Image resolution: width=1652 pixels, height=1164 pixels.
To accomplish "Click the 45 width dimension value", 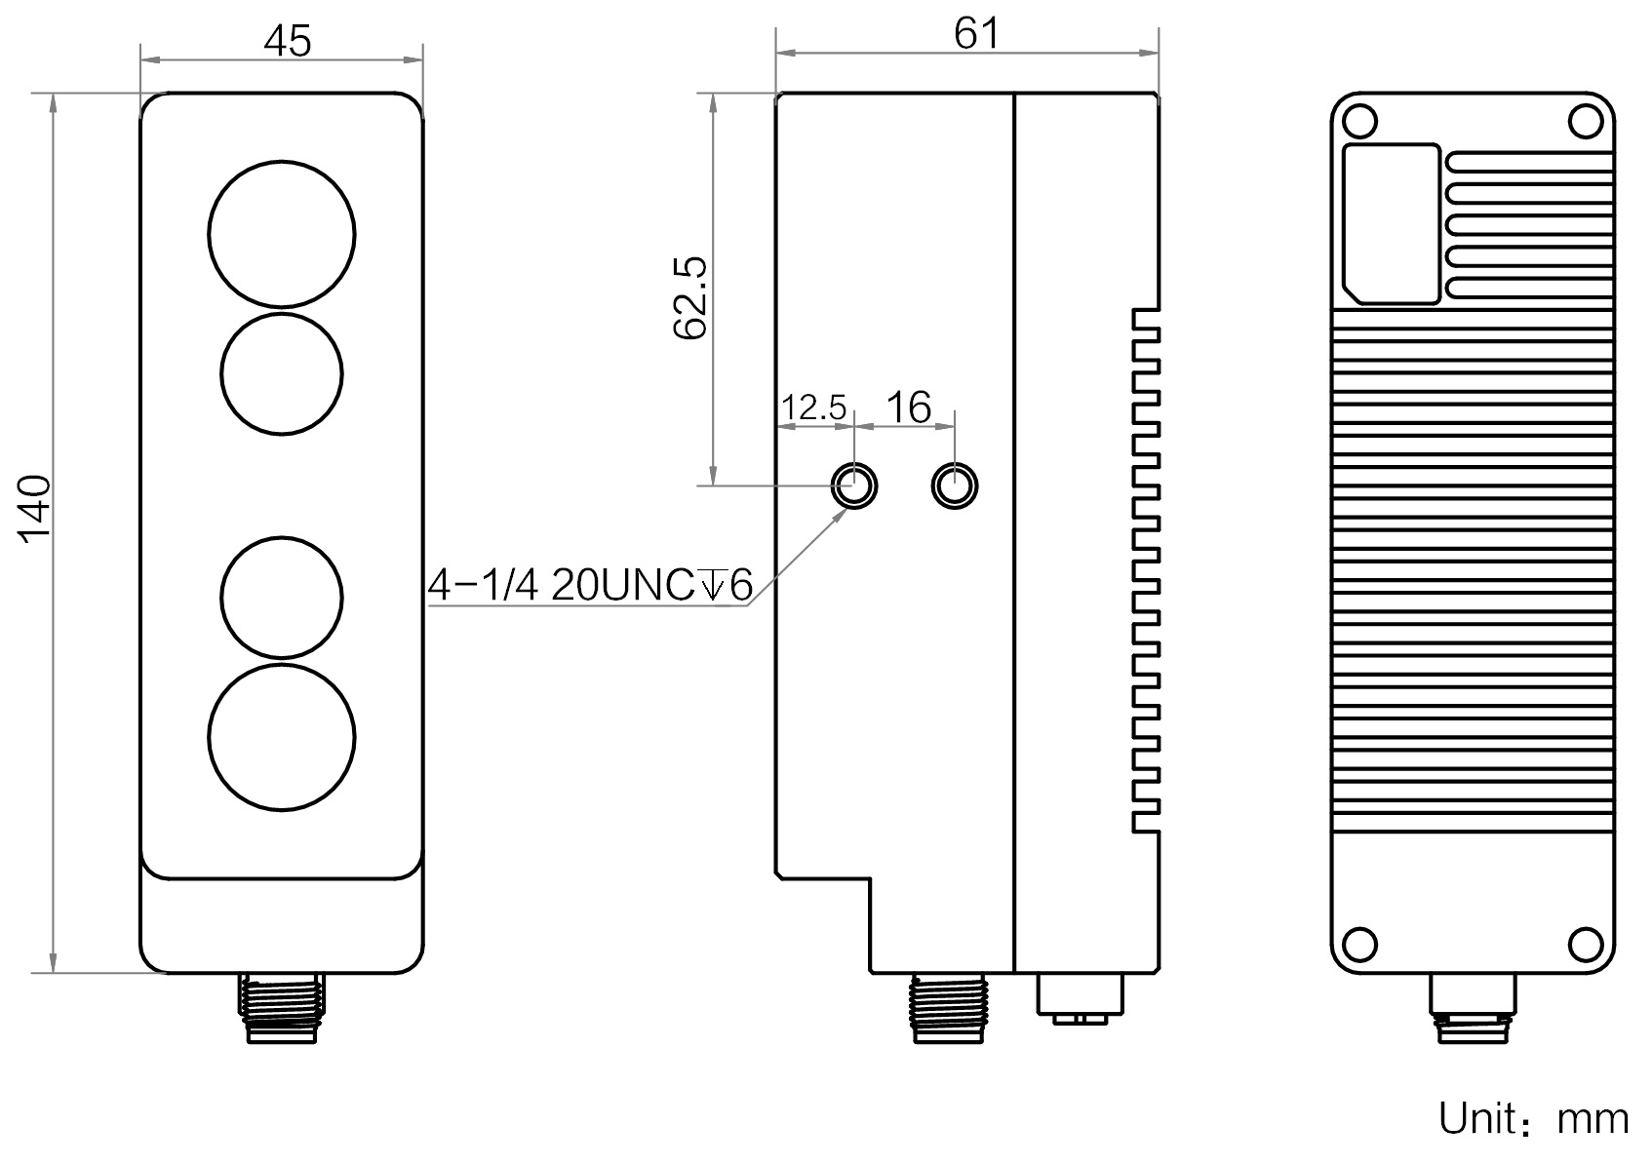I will tap(287, 41).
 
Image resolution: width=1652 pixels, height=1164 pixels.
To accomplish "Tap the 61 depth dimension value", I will tap(976, 33).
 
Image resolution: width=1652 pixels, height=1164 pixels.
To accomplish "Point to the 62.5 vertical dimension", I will tap(689, 297).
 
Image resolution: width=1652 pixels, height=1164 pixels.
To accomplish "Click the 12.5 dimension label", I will tap(813, 407).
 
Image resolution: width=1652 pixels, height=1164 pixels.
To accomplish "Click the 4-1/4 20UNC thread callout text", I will tap(589, 585).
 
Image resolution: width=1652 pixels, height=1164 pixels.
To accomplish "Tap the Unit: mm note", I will tap(1533, 1118).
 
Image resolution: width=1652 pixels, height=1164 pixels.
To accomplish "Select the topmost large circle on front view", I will tap(282, 234).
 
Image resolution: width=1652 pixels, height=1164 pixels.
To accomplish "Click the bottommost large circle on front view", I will tap(282, 737).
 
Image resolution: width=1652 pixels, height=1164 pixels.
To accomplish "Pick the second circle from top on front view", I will tap(282, 372).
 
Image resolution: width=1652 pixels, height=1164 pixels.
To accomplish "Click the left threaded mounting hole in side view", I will tap(853, 485).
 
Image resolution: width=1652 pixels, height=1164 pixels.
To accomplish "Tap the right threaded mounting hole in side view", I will tap(955, 485).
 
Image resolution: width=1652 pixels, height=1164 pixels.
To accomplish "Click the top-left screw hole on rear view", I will tap(1358, 121).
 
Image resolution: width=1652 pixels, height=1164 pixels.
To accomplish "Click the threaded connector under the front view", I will tap(282, 1006).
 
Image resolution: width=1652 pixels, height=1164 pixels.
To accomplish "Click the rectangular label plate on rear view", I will tap(1392, 223).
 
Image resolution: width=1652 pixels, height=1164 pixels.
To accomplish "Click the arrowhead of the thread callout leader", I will tap(841, 511).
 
